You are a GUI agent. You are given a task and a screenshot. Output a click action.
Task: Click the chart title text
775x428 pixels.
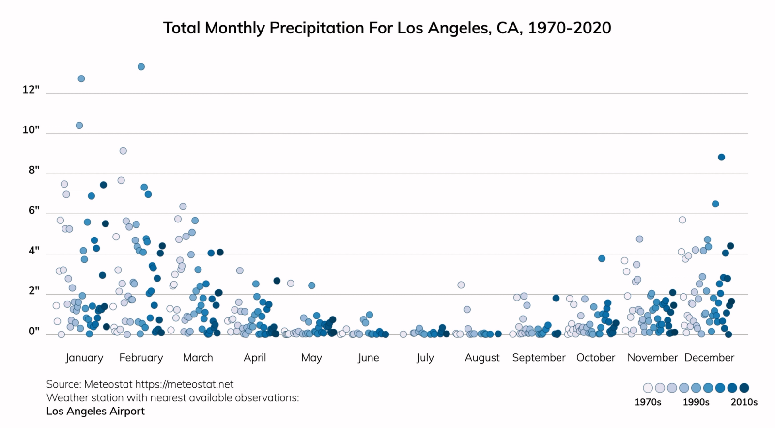387,28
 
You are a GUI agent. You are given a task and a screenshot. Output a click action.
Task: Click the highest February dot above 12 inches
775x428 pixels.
141,67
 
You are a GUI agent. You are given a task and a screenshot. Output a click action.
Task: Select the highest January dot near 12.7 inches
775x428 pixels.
81,79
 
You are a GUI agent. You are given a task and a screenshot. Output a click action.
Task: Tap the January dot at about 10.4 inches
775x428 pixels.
79,126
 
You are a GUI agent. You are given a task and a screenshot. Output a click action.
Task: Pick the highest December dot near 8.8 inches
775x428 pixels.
721,157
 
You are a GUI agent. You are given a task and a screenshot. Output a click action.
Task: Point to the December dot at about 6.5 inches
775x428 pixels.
715,204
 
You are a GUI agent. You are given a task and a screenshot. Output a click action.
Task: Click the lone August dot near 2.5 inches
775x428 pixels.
461,285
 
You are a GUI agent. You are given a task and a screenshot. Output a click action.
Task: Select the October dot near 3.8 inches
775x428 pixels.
602,258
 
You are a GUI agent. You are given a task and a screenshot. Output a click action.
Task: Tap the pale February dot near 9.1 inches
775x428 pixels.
123,151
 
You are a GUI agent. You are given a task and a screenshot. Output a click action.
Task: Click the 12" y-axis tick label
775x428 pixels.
31,90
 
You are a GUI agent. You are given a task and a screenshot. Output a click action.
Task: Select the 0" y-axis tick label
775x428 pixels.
33,331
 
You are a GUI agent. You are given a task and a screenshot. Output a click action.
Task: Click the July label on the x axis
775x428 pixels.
425,358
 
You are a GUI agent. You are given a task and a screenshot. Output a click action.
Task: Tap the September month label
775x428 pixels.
539,358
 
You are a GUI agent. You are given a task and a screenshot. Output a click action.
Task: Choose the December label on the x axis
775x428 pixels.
709,358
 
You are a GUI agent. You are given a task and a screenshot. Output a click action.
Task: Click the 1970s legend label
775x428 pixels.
648,402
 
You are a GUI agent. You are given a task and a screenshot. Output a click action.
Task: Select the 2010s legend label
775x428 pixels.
744,402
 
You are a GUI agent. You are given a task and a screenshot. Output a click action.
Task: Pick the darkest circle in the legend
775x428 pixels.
744,388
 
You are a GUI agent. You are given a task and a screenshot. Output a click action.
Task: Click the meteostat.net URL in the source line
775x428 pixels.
184,384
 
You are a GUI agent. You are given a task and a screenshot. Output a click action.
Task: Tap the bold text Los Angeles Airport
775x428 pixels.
95,411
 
